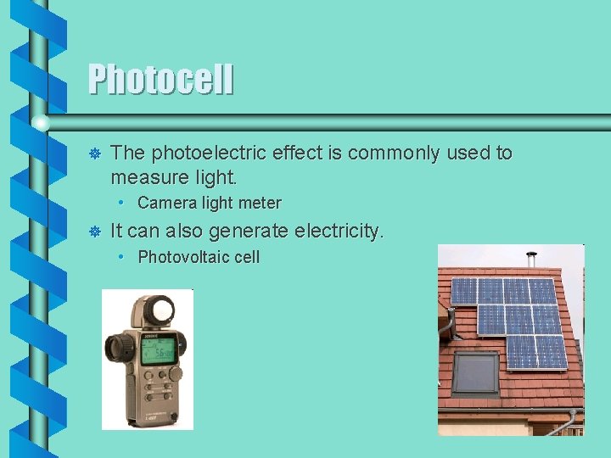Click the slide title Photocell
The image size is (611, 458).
coord(160,81)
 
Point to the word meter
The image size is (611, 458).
coord(261,203)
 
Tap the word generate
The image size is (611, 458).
coord(244,231)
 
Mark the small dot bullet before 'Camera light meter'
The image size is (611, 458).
coord(122,203)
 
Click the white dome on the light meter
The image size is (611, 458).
coord(157,312)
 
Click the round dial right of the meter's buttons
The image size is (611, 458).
coord(176,373)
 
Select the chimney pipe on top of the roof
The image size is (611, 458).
coord(531,258)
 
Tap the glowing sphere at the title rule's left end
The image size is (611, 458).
coord(40,124)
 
